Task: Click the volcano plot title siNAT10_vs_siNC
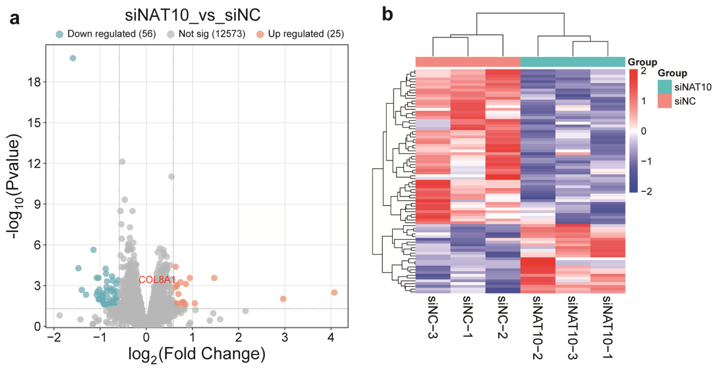point(193,15)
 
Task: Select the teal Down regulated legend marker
point(60,34)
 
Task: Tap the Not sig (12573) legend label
point(212,34)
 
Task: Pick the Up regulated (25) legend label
point(306,34)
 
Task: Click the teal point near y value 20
point(73,58)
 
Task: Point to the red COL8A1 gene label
point(157,280)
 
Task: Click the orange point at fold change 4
point(334,293)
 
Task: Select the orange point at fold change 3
point(283,299)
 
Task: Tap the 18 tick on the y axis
point(34,82)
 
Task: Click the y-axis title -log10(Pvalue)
point(14,186)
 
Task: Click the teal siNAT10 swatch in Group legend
point(664,87)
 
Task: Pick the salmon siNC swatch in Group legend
point(664,101)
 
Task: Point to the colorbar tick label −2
point(646,191)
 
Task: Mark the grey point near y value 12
point(122,162)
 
